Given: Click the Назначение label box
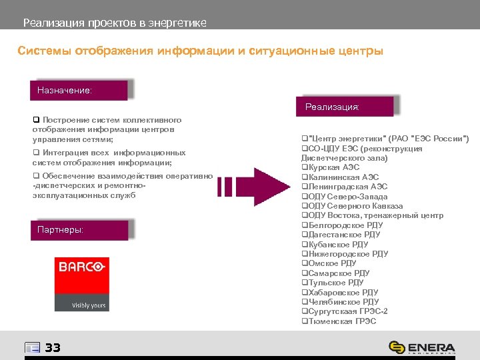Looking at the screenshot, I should click(x=78, y=90).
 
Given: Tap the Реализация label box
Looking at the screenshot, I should click(x=344, y=106).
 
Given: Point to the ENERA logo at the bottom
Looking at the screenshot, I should click(x=422, y=347).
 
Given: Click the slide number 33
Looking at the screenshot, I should click(x=53, y=347).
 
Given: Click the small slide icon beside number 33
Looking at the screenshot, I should click(x=32, y=347).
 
